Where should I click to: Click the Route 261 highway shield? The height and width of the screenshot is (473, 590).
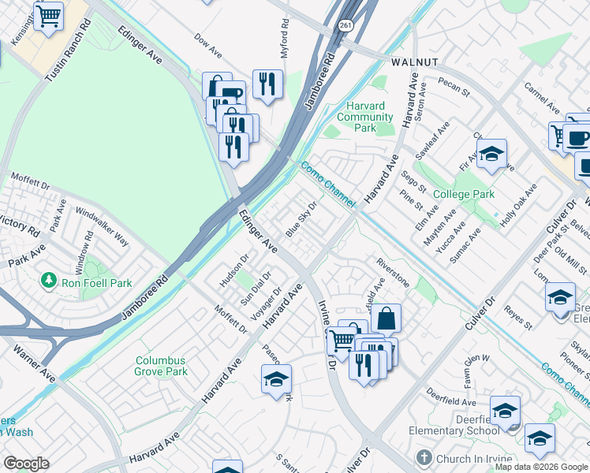coord(346,48)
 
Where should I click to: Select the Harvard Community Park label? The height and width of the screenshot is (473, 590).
coord(364,117)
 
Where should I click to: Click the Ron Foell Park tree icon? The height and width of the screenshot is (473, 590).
coord(50,281)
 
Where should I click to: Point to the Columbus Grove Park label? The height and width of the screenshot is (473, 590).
coord(161,366)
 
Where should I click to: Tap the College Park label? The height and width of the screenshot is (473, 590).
coord(463,194)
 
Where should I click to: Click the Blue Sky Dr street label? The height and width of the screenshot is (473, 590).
coord(301,219)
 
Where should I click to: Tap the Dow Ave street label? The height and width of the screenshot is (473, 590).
coord(208,45)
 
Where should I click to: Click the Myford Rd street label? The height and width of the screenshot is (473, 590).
coord(286,44)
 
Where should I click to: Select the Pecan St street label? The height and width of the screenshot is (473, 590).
coord(455,86)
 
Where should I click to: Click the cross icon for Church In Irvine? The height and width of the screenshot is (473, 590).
coord(423,458)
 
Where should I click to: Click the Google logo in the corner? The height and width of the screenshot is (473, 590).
coord(25,464)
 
